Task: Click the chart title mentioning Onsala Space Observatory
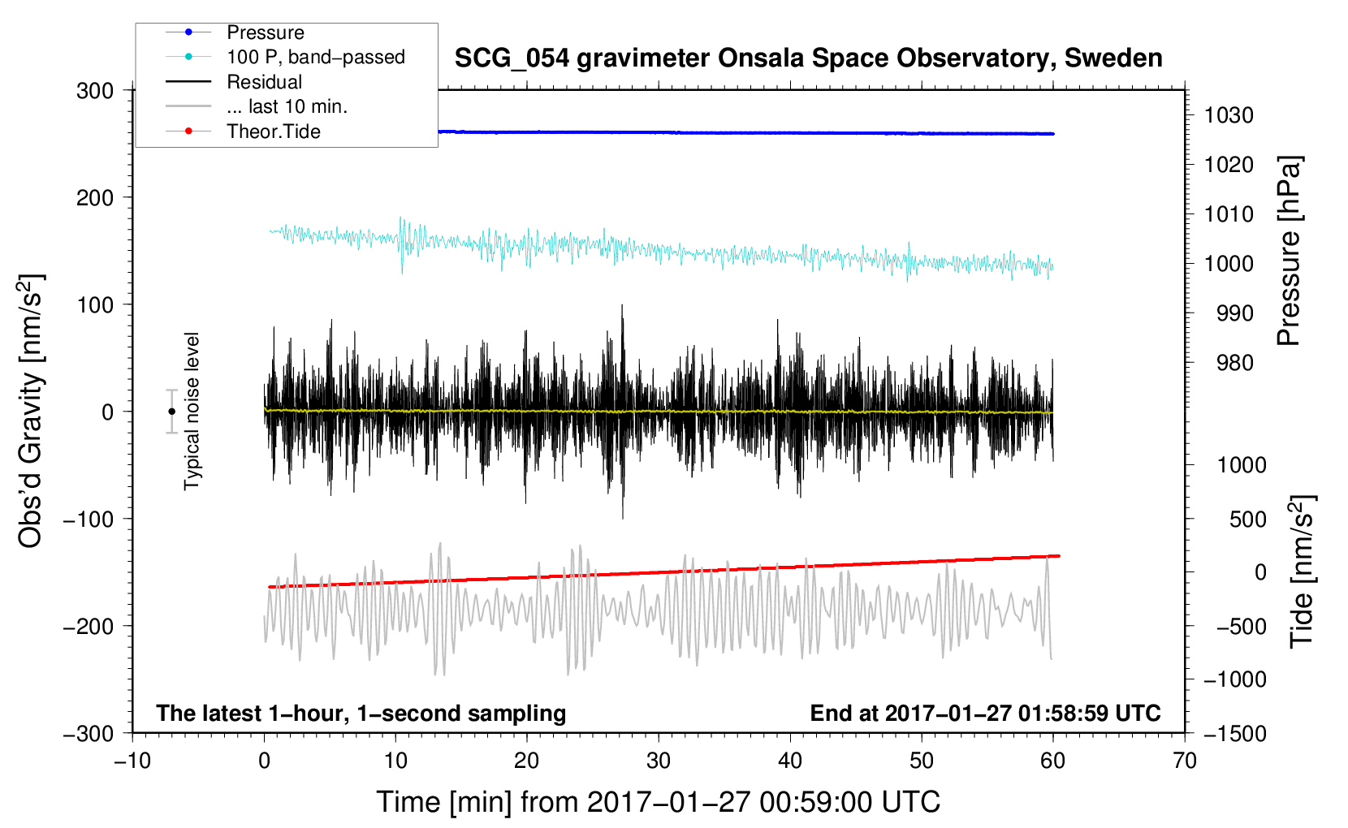[808, 58]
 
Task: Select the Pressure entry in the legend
[265, 32]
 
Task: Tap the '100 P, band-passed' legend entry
[315, 57]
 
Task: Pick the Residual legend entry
[264, 82]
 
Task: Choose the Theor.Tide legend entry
[273, 132]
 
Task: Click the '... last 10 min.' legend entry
[287, 106]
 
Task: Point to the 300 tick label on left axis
[95, 90]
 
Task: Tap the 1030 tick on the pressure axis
[1229, 115]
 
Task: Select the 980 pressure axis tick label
[1235, 363]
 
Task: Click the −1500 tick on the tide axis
[1235, 733]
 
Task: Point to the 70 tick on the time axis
[1185, 761]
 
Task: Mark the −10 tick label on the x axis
[132, 761]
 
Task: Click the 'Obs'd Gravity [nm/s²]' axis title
[31, 412]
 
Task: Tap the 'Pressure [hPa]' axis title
[1289, 251]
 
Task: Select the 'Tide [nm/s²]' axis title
[1302, 572]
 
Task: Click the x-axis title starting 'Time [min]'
[658, 802]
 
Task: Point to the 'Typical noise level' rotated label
[192, 411]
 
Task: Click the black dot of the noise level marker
[171, 412]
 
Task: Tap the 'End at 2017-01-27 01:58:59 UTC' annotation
[985, 713]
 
